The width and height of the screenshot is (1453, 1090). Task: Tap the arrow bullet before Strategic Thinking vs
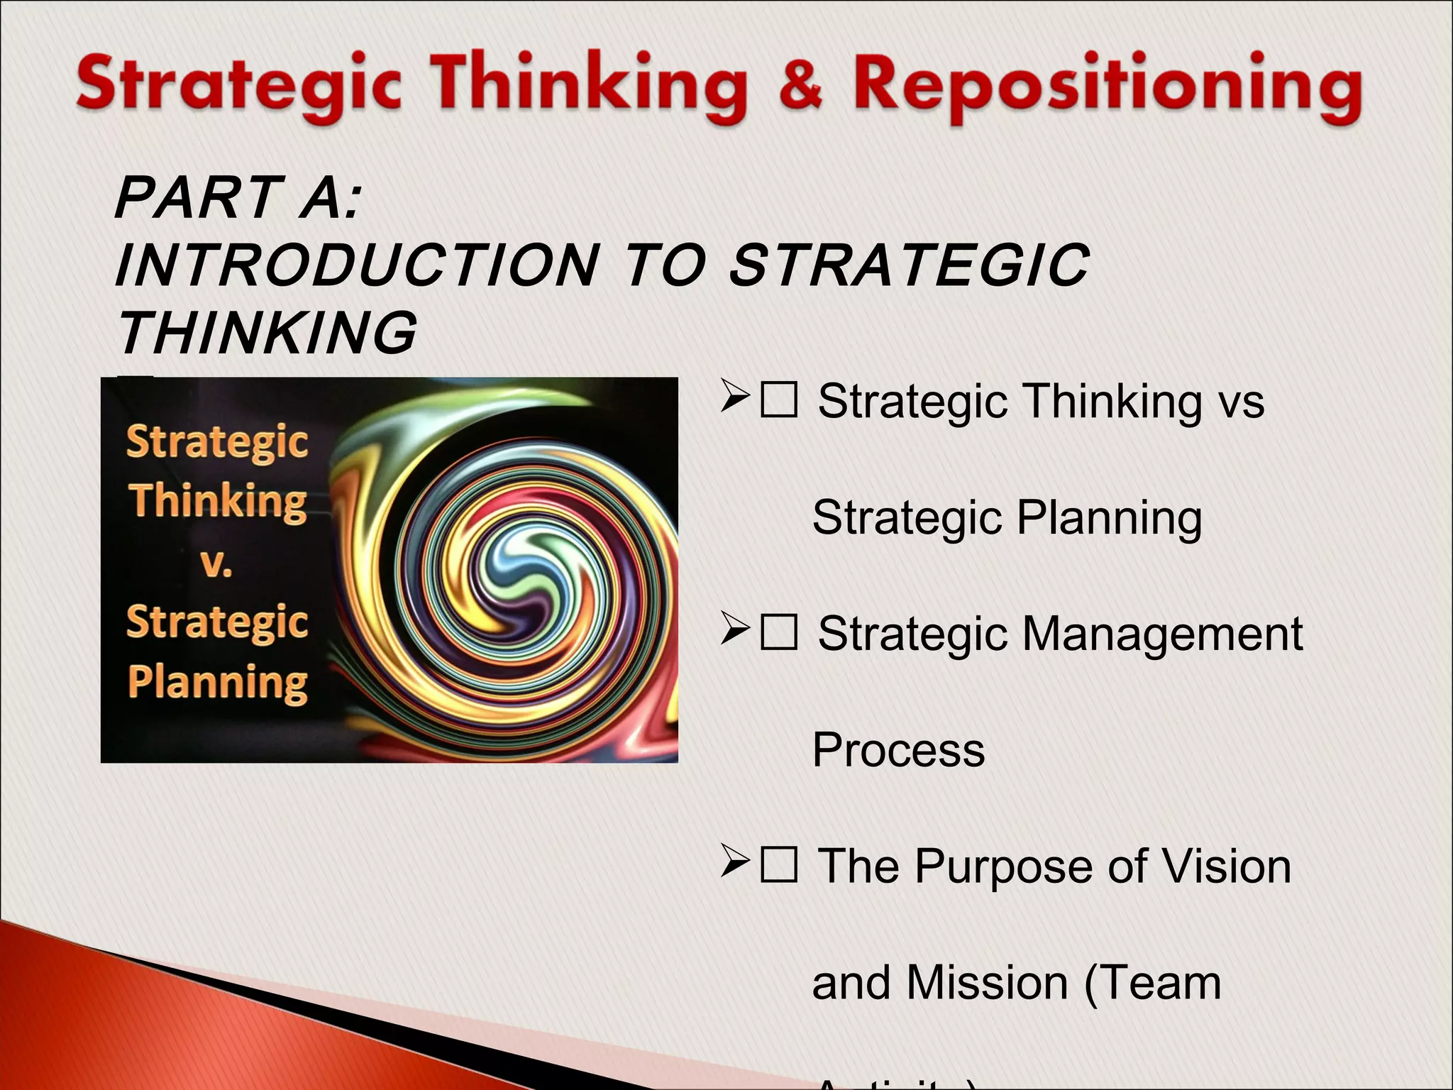[735, 397]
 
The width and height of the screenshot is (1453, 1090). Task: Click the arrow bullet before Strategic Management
[735, 629]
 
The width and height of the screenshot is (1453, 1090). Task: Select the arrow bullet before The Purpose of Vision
[735, 861]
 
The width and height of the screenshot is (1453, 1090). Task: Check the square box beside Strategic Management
[778, 632]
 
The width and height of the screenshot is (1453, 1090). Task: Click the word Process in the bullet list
[898, 750]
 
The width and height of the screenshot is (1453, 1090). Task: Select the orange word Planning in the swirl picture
[218, 683]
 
